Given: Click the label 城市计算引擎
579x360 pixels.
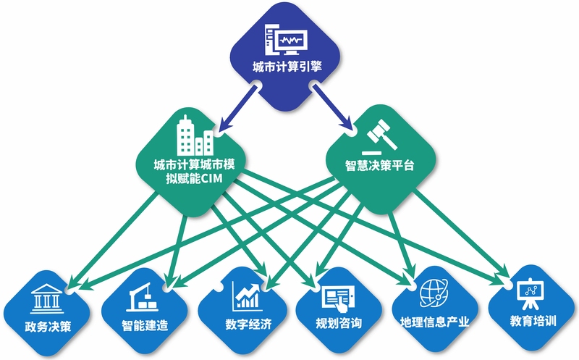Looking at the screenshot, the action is click(287, 67).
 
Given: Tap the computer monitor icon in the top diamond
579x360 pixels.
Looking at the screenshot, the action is click(286, 39).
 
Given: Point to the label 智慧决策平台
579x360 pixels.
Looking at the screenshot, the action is click(379, 165).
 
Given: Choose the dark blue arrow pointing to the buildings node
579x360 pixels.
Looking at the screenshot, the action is click(237, 109).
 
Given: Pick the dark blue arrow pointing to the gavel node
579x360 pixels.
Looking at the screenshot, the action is click(332, 106).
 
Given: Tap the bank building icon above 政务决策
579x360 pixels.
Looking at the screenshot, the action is click(47, 298).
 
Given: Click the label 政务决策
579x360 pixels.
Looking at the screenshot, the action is click(48, 327).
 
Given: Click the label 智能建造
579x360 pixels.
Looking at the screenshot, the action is click(145, 326).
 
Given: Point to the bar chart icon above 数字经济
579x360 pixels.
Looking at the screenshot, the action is click(246, 296).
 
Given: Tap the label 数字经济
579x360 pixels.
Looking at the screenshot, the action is click(248, 325).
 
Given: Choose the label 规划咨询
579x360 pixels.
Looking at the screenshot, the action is click(339, 323).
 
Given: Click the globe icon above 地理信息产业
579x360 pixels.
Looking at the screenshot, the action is click(434, 293).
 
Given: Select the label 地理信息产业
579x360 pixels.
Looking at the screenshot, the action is click(435, 322).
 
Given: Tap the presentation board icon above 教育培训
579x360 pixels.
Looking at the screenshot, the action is click(531, 294).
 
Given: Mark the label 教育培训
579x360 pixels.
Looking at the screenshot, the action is click(533, 321).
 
